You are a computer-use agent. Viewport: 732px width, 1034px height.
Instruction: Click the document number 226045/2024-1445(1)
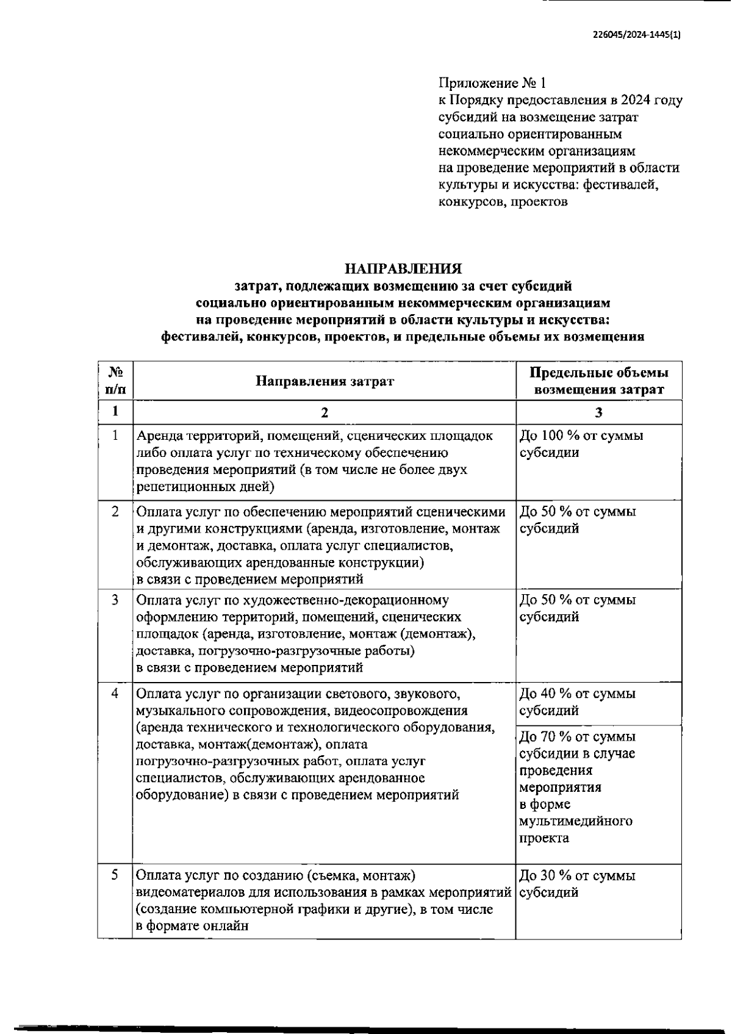click(637, 35)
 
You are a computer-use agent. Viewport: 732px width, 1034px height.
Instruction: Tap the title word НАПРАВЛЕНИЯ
click(403, 268)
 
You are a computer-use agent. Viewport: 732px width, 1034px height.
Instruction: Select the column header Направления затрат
click(325, 381)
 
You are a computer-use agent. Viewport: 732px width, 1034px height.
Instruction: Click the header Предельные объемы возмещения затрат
click(598, 381)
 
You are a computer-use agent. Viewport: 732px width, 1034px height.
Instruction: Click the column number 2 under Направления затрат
click(325, 412)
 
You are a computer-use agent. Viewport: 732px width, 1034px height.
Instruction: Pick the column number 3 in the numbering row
click(598, 412)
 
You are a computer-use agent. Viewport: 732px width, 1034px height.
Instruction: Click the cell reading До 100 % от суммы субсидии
click(581, 444)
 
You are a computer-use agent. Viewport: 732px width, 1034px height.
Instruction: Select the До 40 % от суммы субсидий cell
click(577, 702)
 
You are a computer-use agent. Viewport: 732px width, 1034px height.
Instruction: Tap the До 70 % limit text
click(577, 737)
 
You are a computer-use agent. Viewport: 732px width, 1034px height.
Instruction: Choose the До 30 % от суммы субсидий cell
click(577, 884)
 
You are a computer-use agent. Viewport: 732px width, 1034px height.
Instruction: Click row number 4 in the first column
click(115, 694)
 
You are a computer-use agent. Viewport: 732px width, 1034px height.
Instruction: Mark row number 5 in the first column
click(115, 875)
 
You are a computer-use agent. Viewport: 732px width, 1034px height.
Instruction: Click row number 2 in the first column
click(115, 511)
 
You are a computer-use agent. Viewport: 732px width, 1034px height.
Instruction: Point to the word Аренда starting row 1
click(157, 436)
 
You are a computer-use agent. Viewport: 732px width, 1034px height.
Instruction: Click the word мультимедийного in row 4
click(575, 821)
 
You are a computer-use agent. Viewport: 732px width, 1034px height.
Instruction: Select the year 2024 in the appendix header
click(634, 100)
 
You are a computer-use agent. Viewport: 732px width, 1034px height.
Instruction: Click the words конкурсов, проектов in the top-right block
click(503, 202)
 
